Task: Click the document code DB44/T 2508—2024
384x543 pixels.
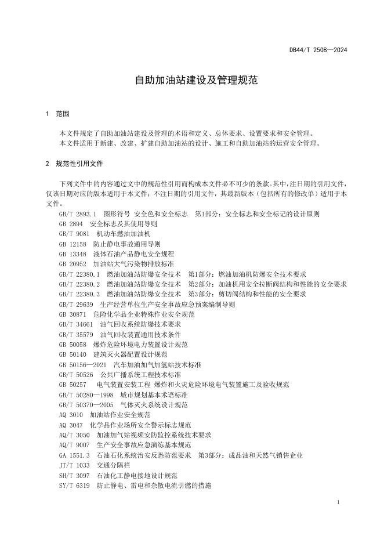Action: pos(318,50)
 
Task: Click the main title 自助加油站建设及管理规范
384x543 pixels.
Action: pos(192,80)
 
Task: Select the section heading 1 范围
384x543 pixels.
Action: pos(57,114)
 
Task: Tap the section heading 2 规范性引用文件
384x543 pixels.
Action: pos(74,164)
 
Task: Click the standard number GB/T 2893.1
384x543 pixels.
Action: pos(77,213)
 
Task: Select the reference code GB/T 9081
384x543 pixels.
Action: pos(74,234)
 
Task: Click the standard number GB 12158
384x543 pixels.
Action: pos(73,244)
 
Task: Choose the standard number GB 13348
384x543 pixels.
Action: pos(73,254)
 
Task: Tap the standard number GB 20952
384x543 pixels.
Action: pos(73,264)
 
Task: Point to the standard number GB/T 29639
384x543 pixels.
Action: pos(75,304)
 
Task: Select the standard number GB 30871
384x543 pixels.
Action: pos(73,314)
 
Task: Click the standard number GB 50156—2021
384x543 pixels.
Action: pos(82,364)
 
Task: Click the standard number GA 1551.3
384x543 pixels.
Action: pos(74,455)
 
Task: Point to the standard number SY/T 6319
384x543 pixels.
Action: pos(74,485)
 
